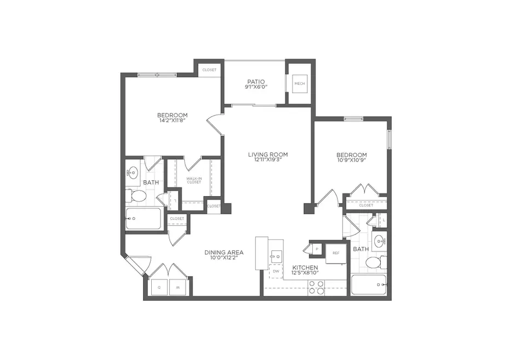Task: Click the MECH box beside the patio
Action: (299, 83)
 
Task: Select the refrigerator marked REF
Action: (336, 253)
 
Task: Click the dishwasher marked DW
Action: (276, 271)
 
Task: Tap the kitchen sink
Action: (276, 255)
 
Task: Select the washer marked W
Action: (178, 287)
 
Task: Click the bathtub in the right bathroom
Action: (368, 285)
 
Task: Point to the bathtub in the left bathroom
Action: (143, 219)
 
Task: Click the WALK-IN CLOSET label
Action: (193, 180)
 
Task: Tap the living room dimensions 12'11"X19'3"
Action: (267, 161)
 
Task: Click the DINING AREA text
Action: (224, 253)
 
